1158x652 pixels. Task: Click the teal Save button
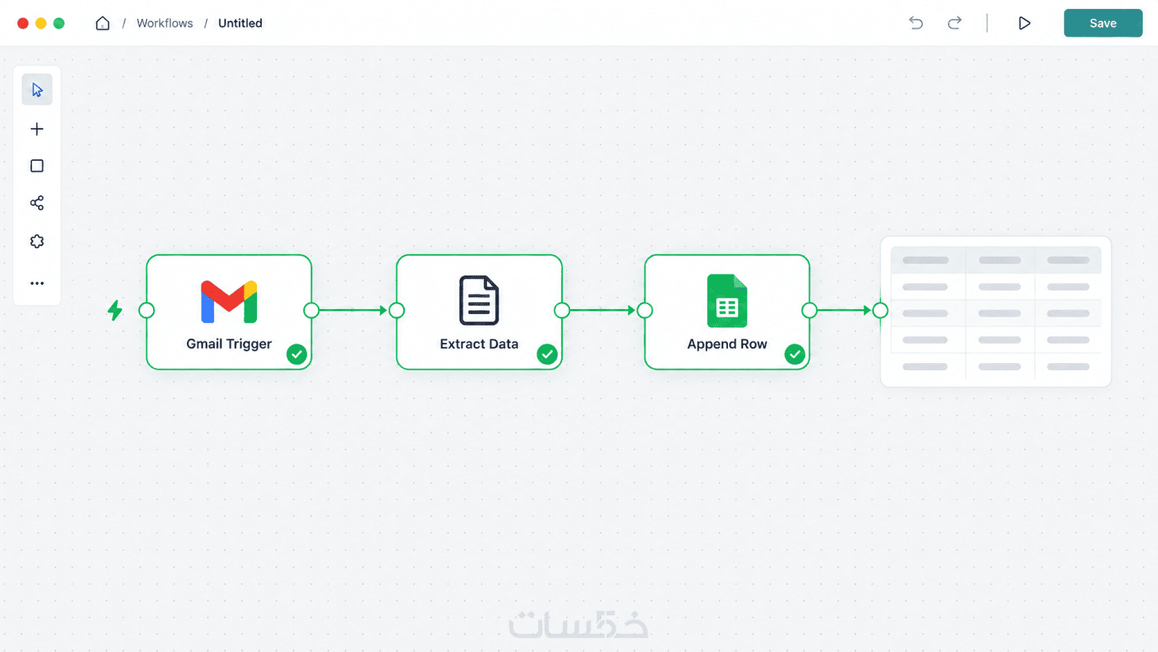tap(1103, 24)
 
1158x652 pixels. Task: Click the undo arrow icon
tap(916, 24)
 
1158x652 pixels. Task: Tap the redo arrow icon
tap(954, 24)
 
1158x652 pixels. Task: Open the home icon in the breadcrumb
tap(103, 24)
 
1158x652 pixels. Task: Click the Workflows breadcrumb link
tap(164, 24)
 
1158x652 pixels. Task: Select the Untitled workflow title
tap(240, 24)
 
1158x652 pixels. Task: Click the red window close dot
tap(23, 24)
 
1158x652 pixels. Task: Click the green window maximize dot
tap(59, 24)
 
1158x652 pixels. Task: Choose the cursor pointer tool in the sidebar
tap(37, 89)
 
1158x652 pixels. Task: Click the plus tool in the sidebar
tap(37, 129)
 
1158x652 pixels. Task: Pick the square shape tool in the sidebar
tap(37, 166)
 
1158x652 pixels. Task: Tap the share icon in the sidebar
tap(37, 203)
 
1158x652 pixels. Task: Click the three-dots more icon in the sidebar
tap(37, 283)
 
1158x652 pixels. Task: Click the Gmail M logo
tap(229, 302)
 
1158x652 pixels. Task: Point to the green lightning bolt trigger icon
tap(115, 310)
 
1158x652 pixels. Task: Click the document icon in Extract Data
tap(479, 301)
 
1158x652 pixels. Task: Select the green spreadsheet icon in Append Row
tap(727, 301)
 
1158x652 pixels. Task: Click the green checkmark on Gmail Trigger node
tap(296, 354)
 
